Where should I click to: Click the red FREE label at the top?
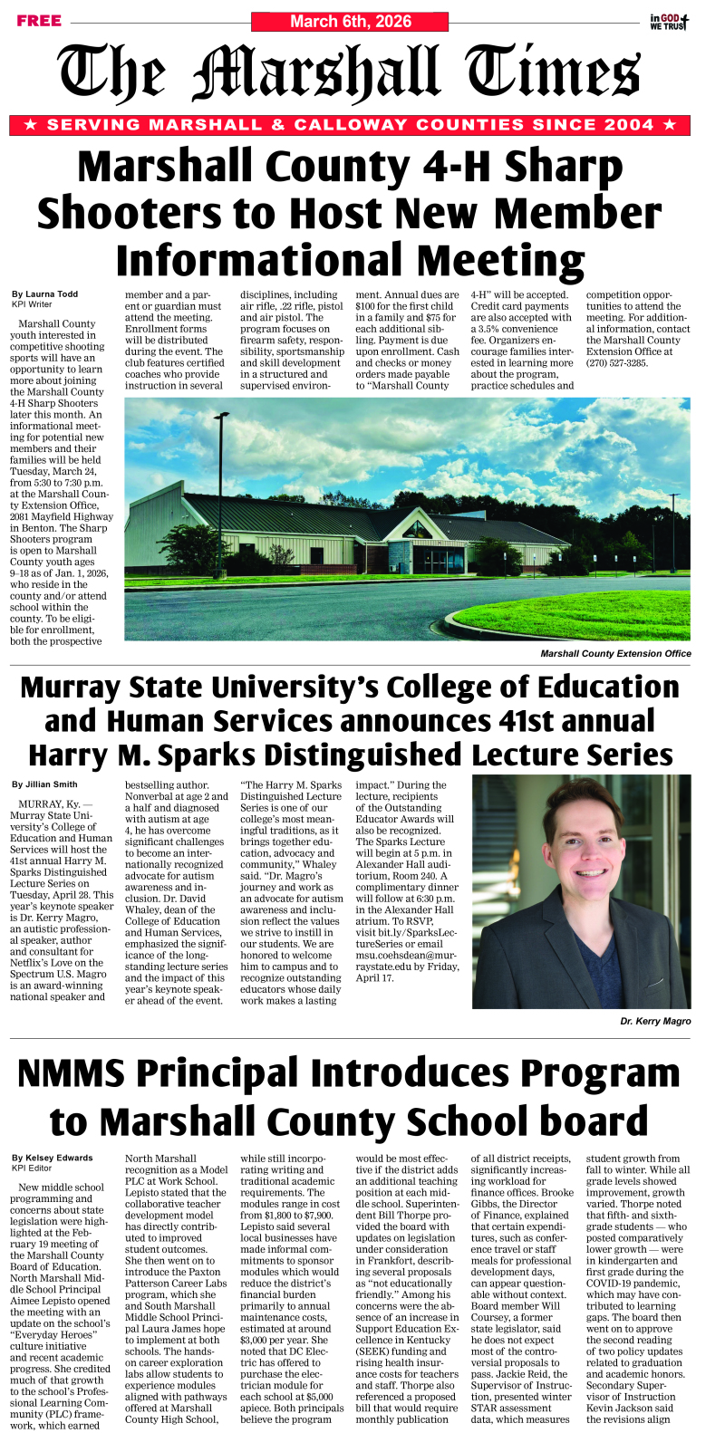click(39, 21)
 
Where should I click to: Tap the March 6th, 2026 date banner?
click(351, 21)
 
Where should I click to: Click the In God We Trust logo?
click(669, 22)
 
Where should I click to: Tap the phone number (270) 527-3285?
click(616, 363)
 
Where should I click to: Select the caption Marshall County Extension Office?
click(615, 653)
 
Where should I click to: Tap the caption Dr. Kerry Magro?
click(655, 1021)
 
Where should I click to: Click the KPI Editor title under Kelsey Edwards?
click(33, 1169)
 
